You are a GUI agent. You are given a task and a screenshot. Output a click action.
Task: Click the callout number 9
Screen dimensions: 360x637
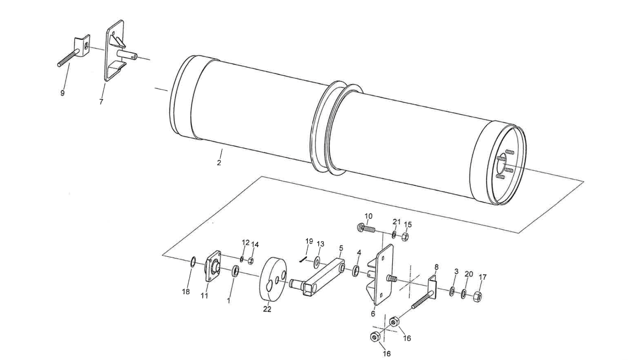pos(63,93)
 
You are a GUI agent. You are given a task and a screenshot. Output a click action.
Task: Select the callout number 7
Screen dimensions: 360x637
pos(101,102)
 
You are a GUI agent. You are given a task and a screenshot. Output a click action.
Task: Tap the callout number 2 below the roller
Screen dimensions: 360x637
pos(219,162)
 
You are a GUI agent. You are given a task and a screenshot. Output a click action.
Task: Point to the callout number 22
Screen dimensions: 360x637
pos(267,309)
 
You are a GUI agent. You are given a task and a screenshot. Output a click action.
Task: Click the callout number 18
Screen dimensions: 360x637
pos(186,292)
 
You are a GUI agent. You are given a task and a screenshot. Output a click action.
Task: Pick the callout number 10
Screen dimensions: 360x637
pos(368,217)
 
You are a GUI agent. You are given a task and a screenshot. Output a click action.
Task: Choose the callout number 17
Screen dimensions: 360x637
pos(483,277)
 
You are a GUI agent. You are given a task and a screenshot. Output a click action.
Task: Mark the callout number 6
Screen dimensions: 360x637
pos(373,314)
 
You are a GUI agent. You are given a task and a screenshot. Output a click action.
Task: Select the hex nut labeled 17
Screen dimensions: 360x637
pos(477,296)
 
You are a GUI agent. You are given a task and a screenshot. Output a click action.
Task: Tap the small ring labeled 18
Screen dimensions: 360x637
pos(193,262)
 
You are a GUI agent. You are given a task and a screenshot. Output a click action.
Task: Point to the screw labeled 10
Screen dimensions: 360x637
pos(366,229)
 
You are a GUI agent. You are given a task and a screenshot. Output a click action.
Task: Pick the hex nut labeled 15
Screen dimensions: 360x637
pos(406,237)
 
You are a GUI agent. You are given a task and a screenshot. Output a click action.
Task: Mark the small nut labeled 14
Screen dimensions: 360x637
pos(251,261)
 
